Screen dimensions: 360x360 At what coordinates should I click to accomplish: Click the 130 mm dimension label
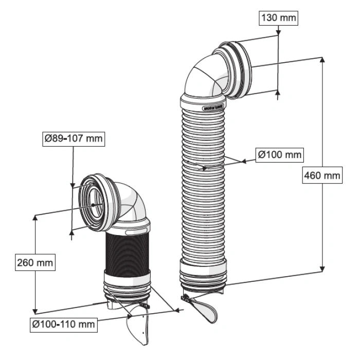(x=278, y=18)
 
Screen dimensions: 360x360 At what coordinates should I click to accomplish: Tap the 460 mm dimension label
(x=323, y=176)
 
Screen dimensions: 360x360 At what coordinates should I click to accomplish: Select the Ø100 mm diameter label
(x=279, y=155)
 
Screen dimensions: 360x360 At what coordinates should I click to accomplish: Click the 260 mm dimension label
(x=34, y=263)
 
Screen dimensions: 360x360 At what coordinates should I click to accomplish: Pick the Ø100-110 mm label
(x=63, y=324)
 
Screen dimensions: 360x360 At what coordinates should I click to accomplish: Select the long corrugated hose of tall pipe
(x=203, y=180)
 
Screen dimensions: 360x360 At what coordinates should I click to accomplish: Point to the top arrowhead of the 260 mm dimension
(x=34, y=217)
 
